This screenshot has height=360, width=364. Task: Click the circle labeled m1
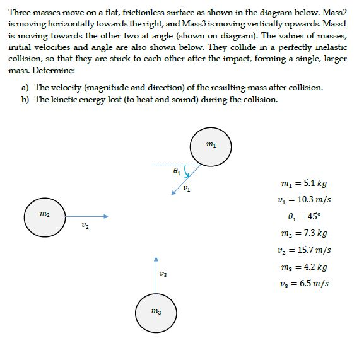[x=211, y=145]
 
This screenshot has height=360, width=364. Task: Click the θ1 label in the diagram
[x=177, y=170]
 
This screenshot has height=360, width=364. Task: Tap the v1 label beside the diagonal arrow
[x=185, y=189]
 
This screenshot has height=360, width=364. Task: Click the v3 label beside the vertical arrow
[x=164, y=274]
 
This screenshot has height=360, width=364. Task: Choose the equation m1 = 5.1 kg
[x=303, y=184]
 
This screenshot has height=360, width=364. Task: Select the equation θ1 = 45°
[x=303, y=217]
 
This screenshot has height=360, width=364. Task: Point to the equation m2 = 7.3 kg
[x=303, y=233]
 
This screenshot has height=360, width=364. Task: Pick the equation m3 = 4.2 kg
[x=303, y=266]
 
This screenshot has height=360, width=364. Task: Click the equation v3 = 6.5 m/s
[x=304, y=282]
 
